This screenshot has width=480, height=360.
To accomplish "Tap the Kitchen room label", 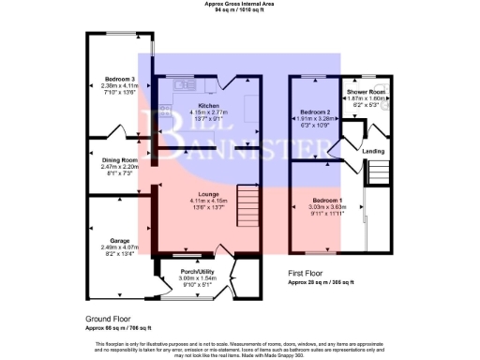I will (202, 106).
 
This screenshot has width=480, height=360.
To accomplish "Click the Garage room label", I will (119, 240).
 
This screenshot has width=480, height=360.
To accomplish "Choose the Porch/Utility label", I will (197, 272).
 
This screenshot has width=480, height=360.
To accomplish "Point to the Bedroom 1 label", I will (327, 201).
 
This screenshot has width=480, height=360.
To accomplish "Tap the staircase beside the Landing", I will (381, 172).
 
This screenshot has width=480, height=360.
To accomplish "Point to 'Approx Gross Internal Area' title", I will (239, 4).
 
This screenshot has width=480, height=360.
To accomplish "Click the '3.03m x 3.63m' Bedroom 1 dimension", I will (327, 206).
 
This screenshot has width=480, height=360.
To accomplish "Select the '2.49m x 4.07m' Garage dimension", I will (119, 247).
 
